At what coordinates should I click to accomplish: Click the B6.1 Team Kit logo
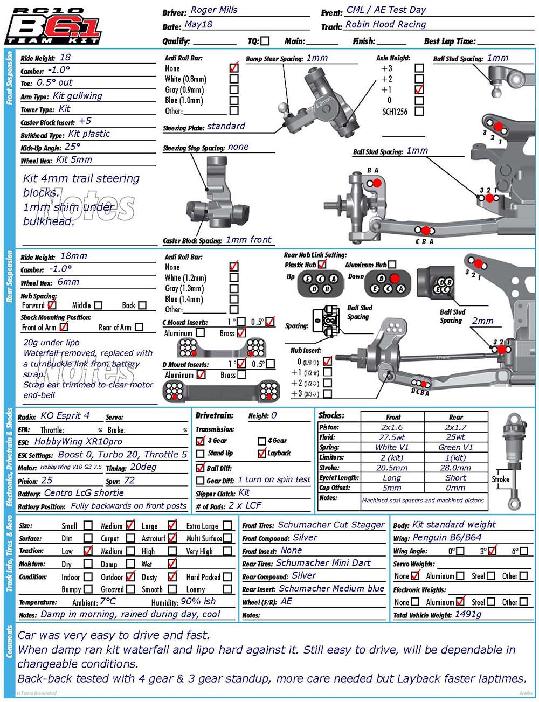(x=52, y=25)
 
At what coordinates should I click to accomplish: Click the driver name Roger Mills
(x=214, y=10)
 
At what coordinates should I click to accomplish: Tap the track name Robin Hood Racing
(x=385, y=24)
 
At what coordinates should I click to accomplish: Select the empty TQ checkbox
(x=265, y=41)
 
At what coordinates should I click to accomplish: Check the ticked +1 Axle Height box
(x=419, y=89)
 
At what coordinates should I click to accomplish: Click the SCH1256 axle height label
(x=395, y=112)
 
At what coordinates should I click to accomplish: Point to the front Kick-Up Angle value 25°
(x=72, y=147)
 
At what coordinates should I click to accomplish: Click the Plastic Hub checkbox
(x=322, y=264)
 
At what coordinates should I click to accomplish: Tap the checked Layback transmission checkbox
(x=262, y=453)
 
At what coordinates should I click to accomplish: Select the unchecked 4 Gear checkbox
(x=262, y=441)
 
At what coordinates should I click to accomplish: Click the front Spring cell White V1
(x=392, y=447)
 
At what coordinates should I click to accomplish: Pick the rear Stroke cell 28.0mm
(x=455, y=468)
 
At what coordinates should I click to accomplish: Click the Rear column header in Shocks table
(x=455, y=416)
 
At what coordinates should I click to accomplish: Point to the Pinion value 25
(x=47, y=480)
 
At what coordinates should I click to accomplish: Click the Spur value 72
(x=129, y=480)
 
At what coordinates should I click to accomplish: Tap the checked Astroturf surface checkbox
(x=172, y=537)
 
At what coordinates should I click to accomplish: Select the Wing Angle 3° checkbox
(x=492, y=551)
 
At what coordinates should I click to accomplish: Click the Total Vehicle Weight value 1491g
(x=468, y=614)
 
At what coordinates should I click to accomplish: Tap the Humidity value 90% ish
(x=198, y=601)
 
